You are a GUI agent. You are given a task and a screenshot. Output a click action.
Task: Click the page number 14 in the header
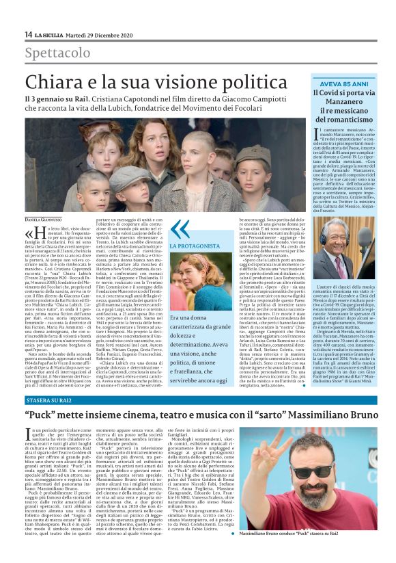coord(28,34)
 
